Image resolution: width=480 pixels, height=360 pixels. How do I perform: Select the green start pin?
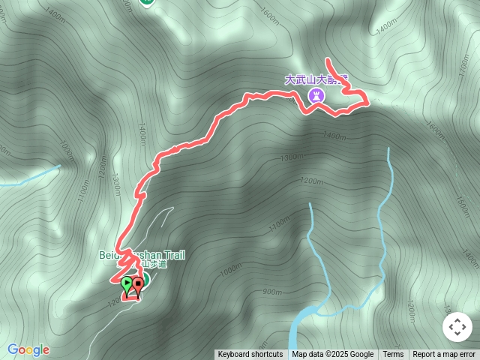point(127,284)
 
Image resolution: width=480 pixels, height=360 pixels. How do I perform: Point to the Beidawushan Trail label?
point(142,255)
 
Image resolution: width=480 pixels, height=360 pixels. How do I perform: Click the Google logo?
point(28,349)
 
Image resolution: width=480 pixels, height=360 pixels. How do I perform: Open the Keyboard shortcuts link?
point(250,355)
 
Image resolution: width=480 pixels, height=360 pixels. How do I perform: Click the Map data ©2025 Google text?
point(332,355)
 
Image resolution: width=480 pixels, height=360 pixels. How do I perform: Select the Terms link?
point(393,355)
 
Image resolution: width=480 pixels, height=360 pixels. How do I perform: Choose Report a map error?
point(444,355)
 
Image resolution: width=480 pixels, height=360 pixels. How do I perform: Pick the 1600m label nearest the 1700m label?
point(434,129)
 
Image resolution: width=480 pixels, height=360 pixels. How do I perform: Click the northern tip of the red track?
point(328,58)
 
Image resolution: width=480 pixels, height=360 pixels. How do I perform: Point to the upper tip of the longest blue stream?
point(388,148)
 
